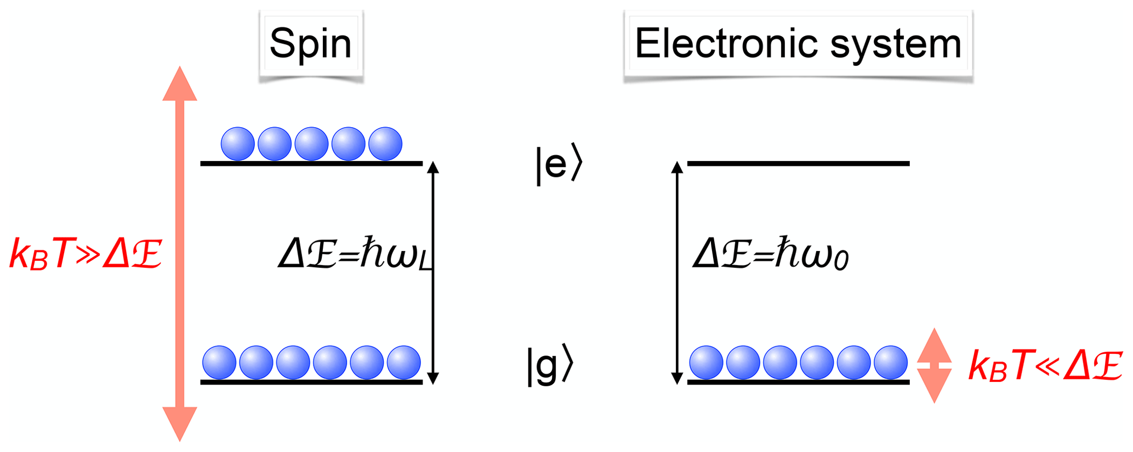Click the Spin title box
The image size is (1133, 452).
point(311,44)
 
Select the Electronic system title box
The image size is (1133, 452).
point(798,44)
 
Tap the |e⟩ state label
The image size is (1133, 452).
point(559,163)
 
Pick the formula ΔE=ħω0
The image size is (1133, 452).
point(770,255)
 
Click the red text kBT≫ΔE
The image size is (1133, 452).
point(86,254)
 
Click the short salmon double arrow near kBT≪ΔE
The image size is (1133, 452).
point(934,365)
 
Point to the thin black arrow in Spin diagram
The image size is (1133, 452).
point(433,272)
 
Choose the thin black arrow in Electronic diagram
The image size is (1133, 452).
point(677,272)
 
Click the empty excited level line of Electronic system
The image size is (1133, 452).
point(798,163)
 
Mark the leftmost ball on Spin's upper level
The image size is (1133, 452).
point(237,144)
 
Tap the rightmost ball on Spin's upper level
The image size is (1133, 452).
point(385,144)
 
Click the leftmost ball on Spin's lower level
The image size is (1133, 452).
point(219,362)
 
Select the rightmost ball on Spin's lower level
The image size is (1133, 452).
point(404,362)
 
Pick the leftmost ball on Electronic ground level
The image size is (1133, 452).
point(706,362)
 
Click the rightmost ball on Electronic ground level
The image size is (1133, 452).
point(891,362)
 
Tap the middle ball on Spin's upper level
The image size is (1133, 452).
point(311,144)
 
